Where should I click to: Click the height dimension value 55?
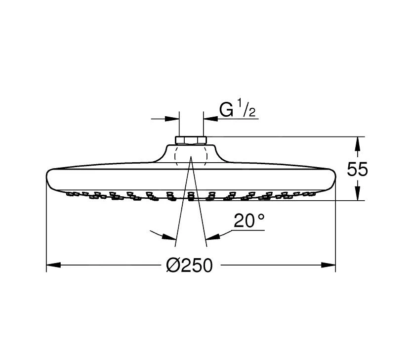[x=357, y=170]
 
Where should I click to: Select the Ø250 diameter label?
[x=190, y=266]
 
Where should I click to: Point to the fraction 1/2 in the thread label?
[x=247, y=108]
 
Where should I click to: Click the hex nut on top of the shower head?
[x=191, y=140]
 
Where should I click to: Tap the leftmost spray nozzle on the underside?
[x=70, y=193]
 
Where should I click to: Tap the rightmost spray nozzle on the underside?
[x=312, y=193]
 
